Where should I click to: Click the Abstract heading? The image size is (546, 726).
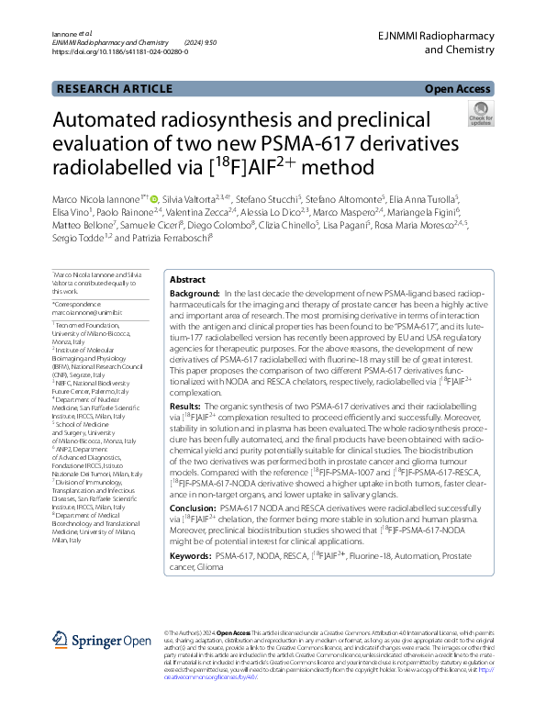[188, 279]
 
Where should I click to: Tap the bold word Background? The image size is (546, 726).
[195, 293]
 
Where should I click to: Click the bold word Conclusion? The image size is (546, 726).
[193, 507]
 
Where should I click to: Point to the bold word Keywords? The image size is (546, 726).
[192, 556]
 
